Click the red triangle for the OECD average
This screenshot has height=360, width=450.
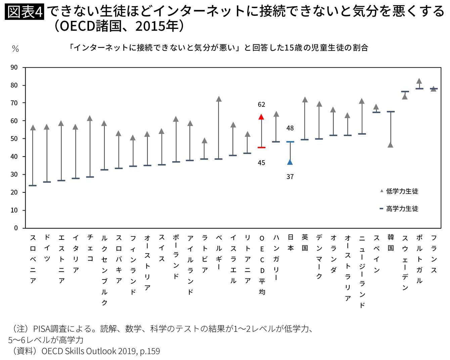pyautogui.click(x=261, y=117)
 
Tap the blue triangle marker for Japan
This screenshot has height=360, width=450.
pyautogui.click(x=290, y=162)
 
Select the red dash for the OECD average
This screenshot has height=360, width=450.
pyautogui.click(x=261, y=147)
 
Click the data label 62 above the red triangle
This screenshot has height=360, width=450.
pyautogui.click(x=261, y=104)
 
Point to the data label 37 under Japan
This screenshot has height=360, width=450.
pyautogui.click(x=290, y=176)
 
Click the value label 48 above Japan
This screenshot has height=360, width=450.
pyautogui.click(x=290, y=128)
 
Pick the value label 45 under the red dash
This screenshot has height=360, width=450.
pyautogui.click(x=261, y=163)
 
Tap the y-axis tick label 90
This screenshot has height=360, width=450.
pyautogui.click(x=14, y=67)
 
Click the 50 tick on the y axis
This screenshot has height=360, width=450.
pyautogui.click(x=14, y=139)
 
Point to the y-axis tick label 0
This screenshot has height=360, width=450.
pyautogui.click(x=16, y=228)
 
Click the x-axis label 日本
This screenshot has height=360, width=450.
pyautogui.click(x=290, y=242)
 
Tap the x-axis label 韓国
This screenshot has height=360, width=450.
pyautogui.click(x=391, y=242)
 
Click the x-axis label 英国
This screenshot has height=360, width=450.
pyautogui.click(x=305, y=242)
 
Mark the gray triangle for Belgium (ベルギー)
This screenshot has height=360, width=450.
pyautogui.click(x=219, y=99)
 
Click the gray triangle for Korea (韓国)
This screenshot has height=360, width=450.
pyautogui.click(x=390, y=145)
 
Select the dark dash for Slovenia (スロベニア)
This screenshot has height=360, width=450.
pyautogui.click(x=33, y=185)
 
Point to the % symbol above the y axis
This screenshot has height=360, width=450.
pyautogui.click(x=15, y=49)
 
